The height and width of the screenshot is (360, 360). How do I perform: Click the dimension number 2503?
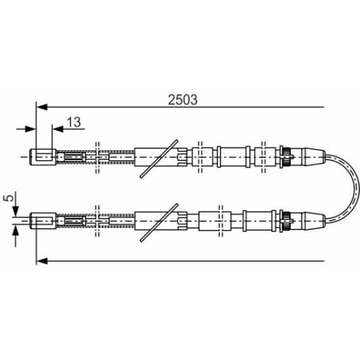[183, 99]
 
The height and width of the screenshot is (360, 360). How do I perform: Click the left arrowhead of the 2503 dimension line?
[41, 106]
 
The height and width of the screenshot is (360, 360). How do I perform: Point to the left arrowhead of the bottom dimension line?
[41, 259]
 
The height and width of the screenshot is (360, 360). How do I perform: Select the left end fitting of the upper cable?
[43, 156]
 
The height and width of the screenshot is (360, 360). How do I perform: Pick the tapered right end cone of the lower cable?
[310, 219]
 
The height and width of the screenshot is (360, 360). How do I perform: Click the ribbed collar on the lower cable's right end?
[286, 219]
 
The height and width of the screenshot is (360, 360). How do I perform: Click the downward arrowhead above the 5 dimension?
[16, 208]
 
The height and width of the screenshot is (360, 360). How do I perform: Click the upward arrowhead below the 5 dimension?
[16, 230]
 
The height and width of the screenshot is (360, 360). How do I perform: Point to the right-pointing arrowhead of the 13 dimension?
[31, 128]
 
